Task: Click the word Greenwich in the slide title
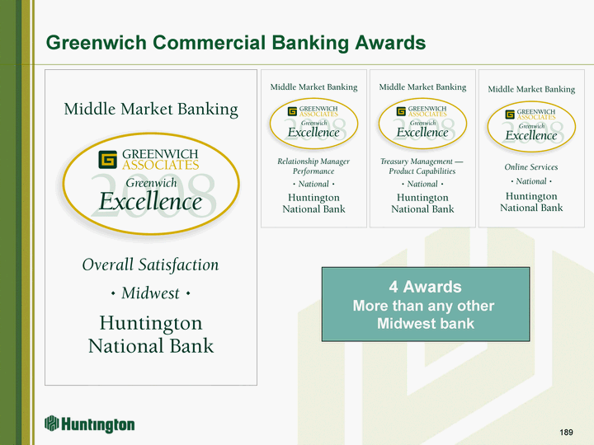pyautogui.click(x=97, y=42)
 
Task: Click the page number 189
pyautogui.click(x=566, y=432)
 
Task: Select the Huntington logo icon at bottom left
pyautogui.click(x=52, y=424)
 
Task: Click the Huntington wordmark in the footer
pyautogui.click(x=97, y=425)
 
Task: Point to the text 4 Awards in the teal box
pyautogui.click(x=425, y=287)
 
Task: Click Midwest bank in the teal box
pyautogui.click(x=426, y=324)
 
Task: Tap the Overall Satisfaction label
pyautogui.click(x=150, y=265)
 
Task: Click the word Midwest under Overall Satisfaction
pyautogui.click(x=150, y=293)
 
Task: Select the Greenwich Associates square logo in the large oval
pyautogui.click(x=107, y=159)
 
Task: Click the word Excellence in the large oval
pyautogui.click(x=150, y=201)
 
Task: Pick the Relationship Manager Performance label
pyautogui.click(x=313, y=166)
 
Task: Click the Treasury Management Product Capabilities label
pyautogui.click(x=422, y=166)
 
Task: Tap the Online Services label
pyautogui.click(x=531, y=166)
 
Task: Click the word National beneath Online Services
pyautogui.click(x=531, y=181)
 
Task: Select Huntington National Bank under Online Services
pyautogui.click(x=531, y=202)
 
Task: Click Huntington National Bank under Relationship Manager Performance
pyautogui.click(x=313, y=204)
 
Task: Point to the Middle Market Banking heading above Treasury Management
pyautogui.click(x=422, y=87)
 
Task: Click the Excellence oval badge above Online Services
pyautogui.click(x=531, y=126)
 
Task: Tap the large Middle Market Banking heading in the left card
pyautogui.click(x=151, y=109)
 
